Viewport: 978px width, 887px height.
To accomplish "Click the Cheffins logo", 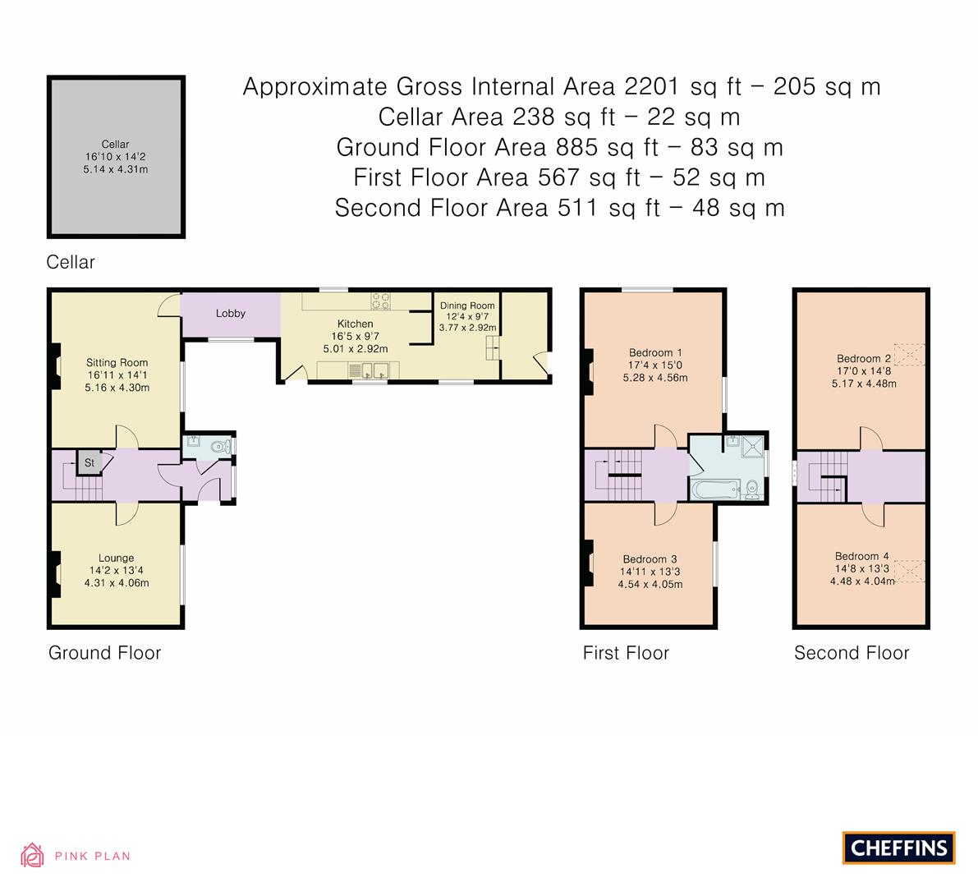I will [899, 848].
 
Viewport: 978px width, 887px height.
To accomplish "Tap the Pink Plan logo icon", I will [32, 856].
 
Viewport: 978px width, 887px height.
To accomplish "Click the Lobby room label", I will [231, 313].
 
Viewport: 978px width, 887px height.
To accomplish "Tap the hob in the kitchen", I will [380, 301].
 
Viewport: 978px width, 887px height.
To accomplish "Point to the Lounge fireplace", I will [56, 573].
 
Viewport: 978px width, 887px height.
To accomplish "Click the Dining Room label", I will [467, 306].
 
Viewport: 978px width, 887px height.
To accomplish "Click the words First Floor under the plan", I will [626, 653].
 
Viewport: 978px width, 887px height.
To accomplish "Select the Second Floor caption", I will [852, 653].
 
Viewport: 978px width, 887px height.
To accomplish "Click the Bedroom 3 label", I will [650, 559].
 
